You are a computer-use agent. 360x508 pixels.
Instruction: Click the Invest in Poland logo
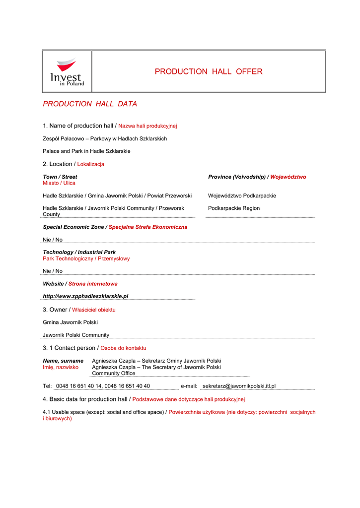pyautogui.click(x=67, y=72)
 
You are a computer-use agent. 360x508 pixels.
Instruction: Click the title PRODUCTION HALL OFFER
pyautogui.click(x=209, y=71)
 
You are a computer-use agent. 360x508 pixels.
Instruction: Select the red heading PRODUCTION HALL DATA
pyautogui.click(x=90, y=104)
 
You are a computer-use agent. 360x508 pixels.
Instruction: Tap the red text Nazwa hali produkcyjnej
pyautogui.click(x=147, y=126)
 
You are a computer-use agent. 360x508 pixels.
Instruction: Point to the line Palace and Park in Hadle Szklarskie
pyautogui.click(x=86, y=151)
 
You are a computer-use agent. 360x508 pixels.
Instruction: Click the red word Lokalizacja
pyautogui.click(x=91, y=164)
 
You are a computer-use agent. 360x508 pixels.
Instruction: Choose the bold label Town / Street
pyautogui.click(x=60, y=177)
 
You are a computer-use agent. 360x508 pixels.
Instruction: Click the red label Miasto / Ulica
pyautogui.click(x=59, y=183)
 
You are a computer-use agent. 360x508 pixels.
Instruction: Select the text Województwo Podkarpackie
pyautogui.click(x=242, y=196)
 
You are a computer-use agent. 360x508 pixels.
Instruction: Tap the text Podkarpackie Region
pyautogui.click(x=234, y=208)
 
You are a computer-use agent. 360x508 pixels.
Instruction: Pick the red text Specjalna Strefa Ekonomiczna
pyautogui.click(x=148, y=227)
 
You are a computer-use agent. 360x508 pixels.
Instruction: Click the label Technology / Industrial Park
pyautogui.click(x=79, y=252)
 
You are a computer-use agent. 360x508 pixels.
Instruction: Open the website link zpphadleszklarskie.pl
pyautogui.click(x=86, y=296)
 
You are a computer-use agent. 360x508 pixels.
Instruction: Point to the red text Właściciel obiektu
pyautogui.click(x=94, y=310)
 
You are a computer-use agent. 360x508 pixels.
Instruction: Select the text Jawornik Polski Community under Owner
pyautogui.click(x=76, y=335)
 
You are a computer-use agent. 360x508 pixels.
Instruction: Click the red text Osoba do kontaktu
pyautogui.click(x=123, y=348)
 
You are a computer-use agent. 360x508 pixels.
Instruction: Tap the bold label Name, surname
pyautogui.click(x=63, y=361)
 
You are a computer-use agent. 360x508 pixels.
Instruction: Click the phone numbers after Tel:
pyautogui.click(x=103, y=386)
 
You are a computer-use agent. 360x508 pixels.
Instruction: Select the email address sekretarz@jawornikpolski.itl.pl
pyautogui.click(x=239, y=386)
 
